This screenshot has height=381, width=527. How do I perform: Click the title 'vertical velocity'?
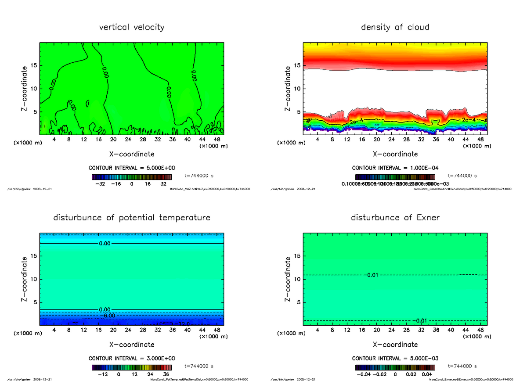point(132,27)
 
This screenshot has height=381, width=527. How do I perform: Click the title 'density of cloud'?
point(395,27)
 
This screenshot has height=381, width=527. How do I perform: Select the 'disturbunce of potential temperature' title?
point(132,218)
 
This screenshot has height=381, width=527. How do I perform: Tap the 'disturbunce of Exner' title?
point(395,218)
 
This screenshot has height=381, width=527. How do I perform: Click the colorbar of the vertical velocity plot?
point(132,177)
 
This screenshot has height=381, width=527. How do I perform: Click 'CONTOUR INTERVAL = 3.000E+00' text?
point(132,358)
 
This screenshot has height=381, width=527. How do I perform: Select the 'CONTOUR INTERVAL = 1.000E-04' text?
point(395,168)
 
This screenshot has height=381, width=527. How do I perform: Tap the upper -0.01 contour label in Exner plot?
point(371,275)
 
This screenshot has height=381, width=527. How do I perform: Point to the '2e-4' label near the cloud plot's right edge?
point(468,119)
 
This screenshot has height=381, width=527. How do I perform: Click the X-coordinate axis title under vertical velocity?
point(132,154)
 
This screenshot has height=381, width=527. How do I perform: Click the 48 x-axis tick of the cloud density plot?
point(480,140)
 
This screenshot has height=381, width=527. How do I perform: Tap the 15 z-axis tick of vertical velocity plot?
point(34,66)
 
